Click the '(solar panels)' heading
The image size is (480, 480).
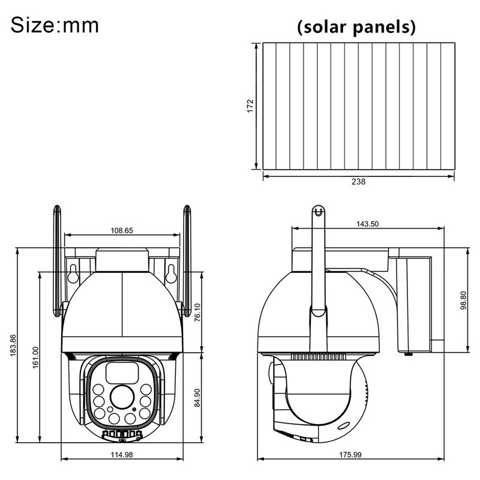click(356, 27)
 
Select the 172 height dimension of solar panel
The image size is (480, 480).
click(251, 106)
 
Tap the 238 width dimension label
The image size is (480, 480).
click(358, 182)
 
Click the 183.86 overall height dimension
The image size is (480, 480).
click(13, 345)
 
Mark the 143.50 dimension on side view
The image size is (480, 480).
click(367, 224)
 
